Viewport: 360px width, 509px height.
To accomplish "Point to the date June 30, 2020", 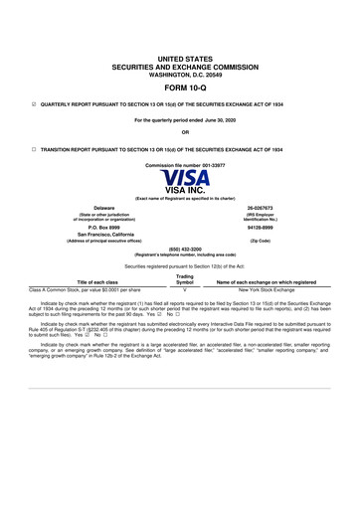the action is pos(216,119).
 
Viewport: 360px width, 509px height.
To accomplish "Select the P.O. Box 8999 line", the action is pos(90,227).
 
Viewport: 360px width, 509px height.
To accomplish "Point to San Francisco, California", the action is pos(90,235).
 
